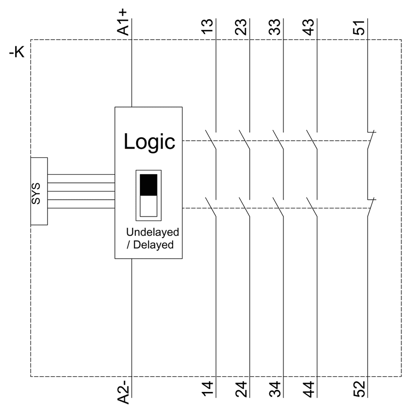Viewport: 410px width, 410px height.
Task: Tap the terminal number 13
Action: [x=207, y=27]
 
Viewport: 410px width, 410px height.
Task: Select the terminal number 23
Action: [x=241, y=27]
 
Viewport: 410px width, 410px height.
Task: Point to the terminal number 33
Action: [x=274, y=27]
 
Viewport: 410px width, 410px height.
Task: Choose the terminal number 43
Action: [x=308, y=27]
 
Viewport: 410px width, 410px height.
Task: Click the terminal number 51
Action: [x=359, y=27]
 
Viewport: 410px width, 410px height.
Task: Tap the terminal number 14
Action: [x=207, y=389]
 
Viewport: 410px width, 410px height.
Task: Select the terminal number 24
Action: [x=241, y=389]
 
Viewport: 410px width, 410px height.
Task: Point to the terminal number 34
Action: [x=274, y=389]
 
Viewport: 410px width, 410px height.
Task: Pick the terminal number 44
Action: [x=308, y=389]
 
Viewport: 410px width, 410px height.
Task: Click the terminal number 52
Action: [x=359, y=389]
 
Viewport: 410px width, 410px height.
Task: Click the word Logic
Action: [x=149, y=142]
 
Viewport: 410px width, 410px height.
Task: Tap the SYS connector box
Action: [x=39, y=191]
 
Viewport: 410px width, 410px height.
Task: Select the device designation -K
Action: [x=17, y=52]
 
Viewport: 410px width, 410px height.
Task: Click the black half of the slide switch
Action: [x=149, y=185]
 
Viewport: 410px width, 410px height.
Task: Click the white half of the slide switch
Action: [x=149, y=206]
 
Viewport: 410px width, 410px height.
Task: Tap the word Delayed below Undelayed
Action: [x=153, y=245]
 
